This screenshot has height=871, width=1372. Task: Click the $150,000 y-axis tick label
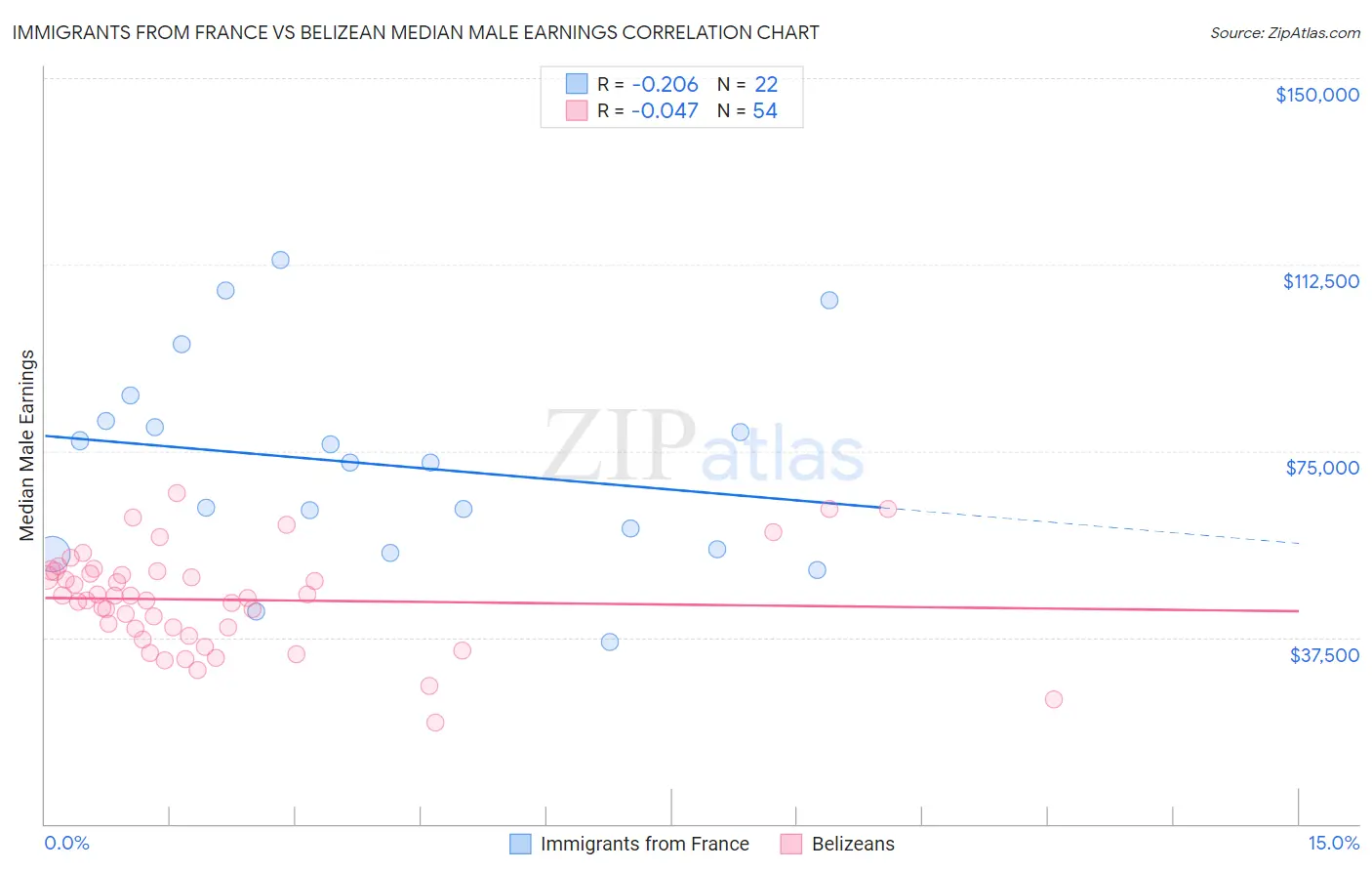[1316, 95]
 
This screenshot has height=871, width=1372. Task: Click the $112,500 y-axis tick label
[1320, 281]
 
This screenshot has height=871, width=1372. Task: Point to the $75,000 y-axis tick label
[1321, 468]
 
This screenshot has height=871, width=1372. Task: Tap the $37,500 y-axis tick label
[1323, 654]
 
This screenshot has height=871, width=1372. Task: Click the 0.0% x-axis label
[66, 843]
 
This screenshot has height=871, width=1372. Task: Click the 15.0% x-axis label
[1333, 843]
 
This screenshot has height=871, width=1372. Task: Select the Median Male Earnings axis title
[27, 444]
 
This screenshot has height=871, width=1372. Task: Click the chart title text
[416, 32]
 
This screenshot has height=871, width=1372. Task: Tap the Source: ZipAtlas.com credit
[1284, 32]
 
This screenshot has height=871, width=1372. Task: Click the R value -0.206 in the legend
[665, 85]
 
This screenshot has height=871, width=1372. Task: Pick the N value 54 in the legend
[765, 111]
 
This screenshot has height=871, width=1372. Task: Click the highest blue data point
[280, 260]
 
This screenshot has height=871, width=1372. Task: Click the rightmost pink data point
[1053, 699]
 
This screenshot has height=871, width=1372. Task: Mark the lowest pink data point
[435, 723]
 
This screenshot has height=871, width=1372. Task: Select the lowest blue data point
[610, 642]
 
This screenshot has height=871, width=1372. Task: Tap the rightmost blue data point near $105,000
[829, 300]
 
